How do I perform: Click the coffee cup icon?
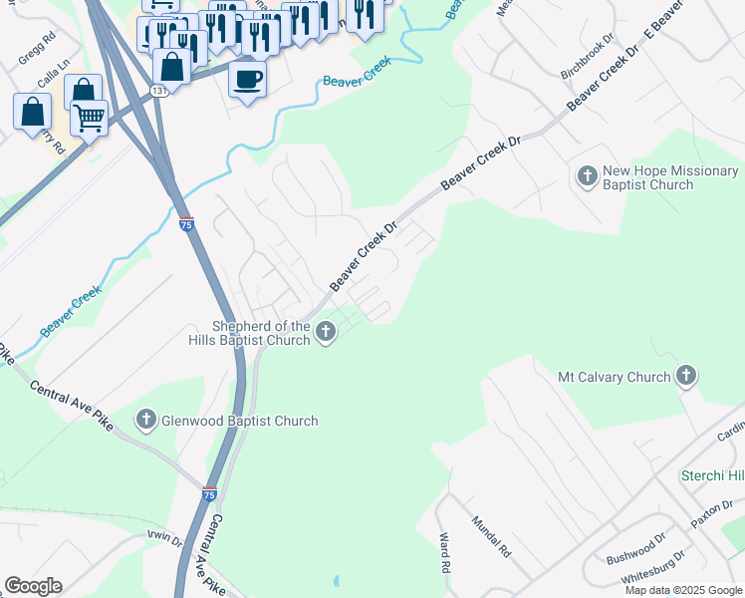click(247, 78)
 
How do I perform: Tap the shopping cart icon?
click(89, 118)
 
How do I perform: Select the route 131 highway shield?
click(158, 91)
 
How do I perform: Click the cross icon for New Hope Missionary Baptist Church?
click(587, 177)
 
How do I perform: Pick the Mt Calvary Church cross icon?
click(685, 377)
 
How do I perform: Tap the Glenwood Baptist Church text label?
click(240, 421)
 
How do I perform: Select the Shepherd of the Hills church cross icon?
click(326, 332)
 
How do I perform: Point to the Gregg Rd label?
click(35, 51)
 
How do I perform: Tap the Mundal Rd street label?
click(490, 536)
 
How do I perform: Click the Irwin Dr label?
click(164, 540)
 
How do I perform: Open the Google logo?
click(33, 586)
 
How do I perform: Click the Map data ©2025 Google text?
click(682, 590)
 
